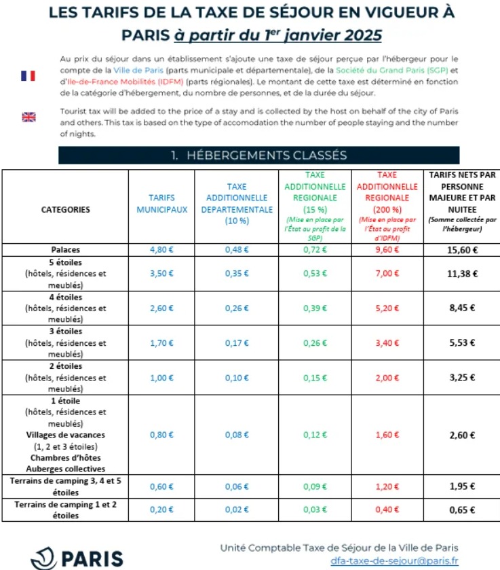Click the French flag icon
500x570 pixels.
[x=28, y=75]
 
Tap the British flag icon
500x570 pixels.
[x=28, y=117]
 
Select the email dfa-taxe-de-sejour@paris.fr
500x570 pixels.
[x=394, y=561]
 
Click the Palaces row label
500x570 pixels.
[x=65, y=249]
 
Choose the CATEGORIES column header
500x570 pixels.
[x=65, y=210]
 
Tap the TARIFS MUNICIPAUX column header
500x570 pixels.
[x=161, y=204]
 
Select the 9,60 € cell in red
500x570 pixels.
[x=387, y=249]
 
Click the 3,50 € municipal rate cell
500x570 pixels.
[x=161, y=274]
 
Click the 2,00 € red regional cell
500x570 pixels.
[x=387, y=377]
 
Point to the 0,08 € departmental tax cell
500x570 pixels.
[x=237, y=435]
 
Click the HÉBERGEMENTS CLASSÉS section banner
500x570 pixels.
[x=258, y=156]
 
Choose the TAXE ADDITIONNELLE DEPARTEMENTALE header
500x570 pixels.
[x=237, y=203]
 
